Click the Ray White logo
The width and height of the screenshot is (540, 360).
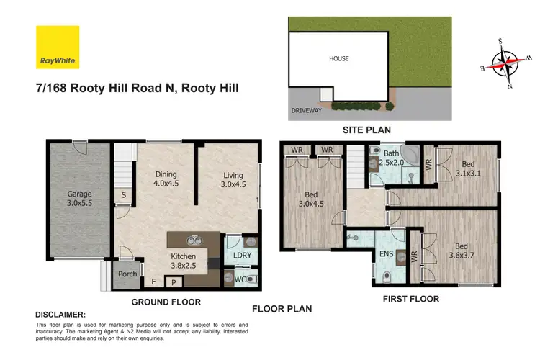pyautogui.click(x=58, y=48)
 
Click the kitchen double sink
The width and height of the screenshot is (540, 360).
pyautogui.click(x=193, y=241)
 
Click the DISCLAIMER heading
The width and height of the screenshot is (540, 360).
pyautogui.click(x=60, y=315)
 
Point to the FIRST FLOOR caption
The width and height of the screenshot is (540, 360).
pyautogui.click(x=410, y=299)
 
